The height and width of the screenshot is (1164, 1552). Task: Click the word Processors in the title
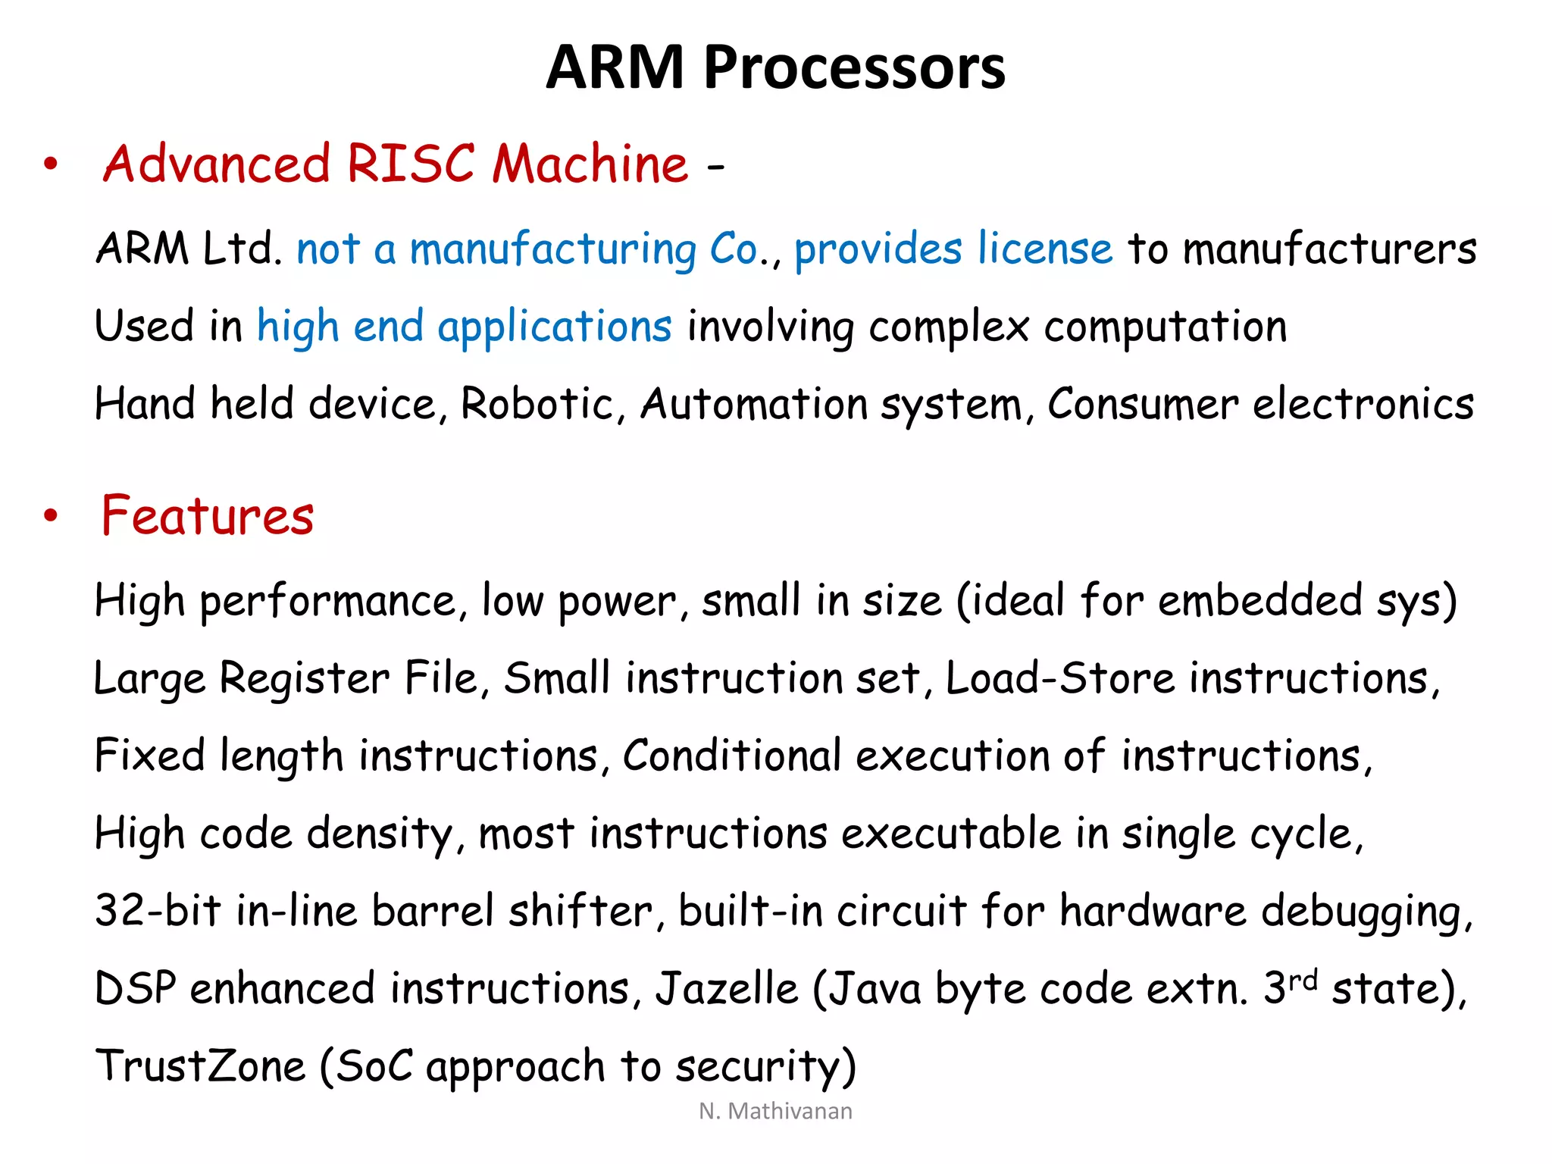854,68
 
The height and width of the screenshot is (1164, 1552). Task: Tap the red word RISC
410,164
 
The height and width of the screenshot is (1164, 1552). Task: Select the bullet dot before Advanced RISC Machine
51,164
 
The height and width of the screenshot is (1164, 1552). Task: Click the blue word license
1045,249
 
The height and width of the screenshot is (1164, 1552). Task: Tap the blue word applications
554,327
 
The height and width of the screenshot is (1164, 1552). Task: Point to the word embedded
1260,601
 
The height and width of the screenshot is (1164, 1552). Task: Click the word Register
304,678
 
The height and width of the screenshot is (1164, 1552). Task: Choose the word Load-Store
1060,678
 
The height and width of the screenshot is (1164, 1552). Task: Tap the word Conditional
731,756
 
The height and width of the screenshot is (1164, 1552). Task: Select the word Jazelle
727,989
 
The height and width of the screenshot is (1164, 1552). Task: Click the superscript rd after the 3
1303,979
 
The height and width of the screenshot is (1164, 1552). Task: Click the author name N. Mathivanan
775,1111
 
